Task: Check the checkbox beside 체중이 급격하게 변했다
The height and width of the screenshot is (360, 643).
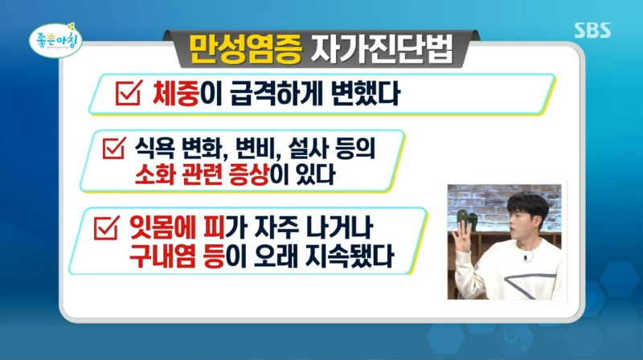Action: pyautogui.click(x=128, y=94)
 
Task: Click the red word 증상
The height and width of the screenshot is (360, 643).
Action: pyautogui.click(x=275, y=174)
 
